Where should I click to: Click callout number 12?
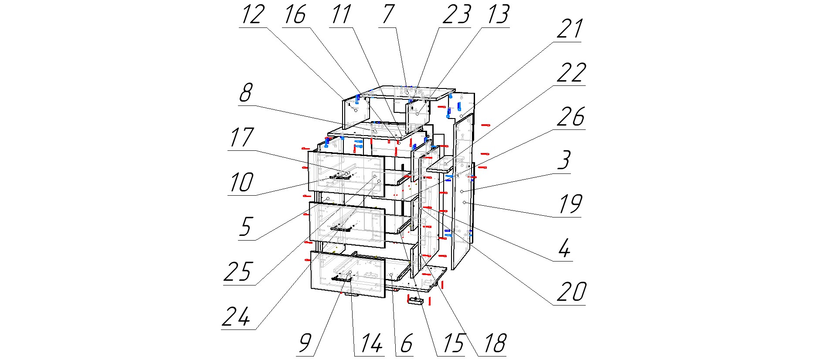tap(252, 14)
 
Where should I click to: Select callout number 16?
tap(295, 14)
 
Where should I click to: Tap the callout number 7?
tap(388, 14)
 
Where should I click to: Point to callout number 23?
tap(456, 14)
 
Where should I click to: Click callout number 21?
tap(570, 29)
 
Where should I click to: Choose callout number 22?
tap(571, 73)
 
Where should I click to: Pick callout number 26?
tap(571, 116)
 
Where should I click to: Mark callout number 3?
tap(564, 160)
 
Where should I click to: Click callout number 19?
tap(570, 204)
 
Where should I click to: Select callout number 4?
tap(564, 248)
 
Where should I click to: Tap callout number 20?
tap(571, 292)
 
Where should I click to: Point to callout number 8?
tap(246, 93)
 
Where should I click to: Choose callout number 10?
tap(241, 182)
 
